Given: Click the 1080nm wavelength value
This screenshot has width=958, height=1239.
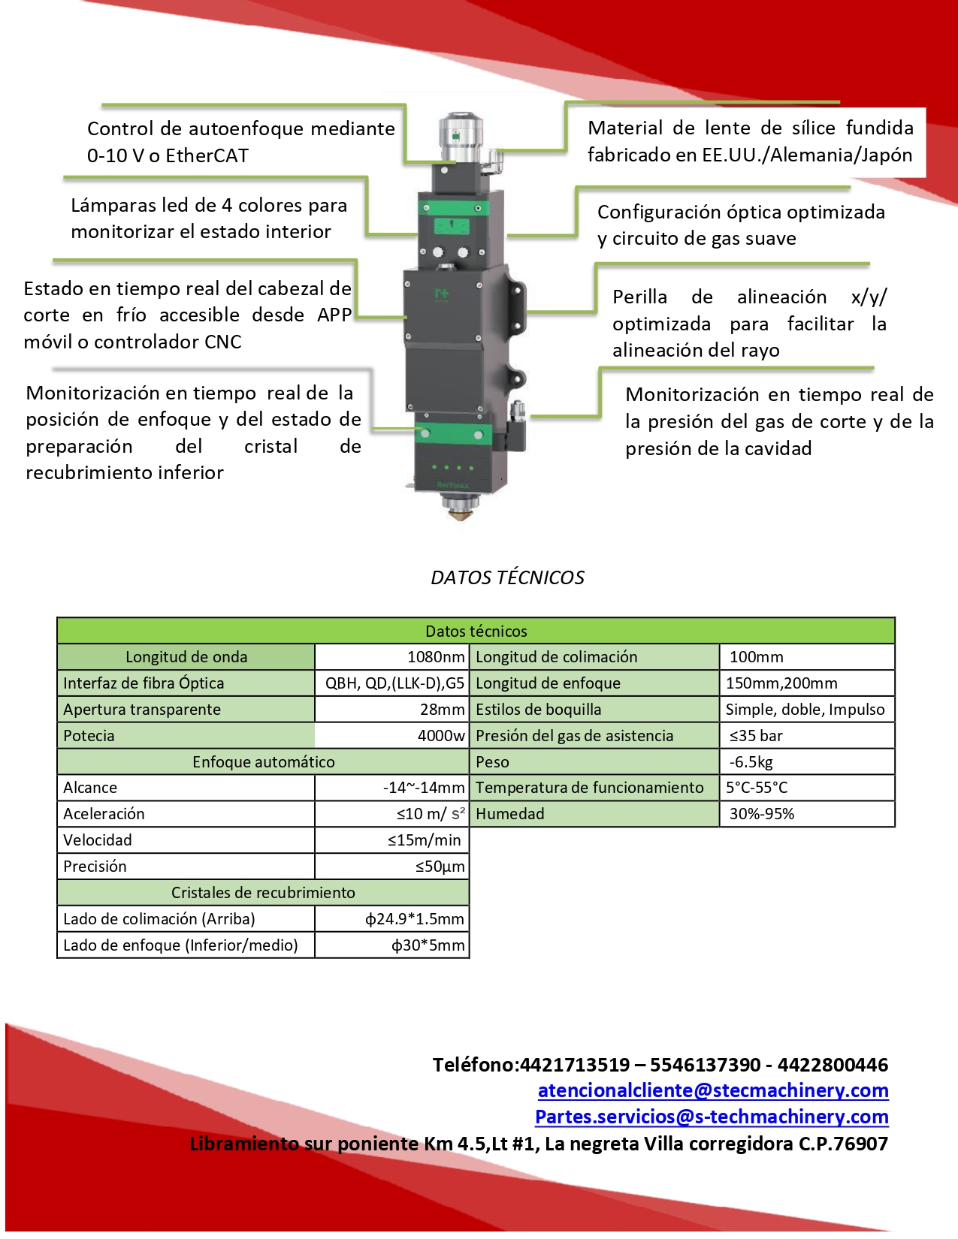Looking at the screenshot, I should point(435,657).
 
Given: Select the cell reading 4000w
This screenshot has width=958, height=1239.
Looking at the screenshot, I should point(440,736).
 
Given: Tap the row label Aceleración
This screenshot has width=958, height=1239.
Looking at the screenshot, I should point(104,814).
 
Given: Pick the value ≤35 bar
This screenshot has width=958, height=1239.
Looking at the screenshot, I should point(756,736).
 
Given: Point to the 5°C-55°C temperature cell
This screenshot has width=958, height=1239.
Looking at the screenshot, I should point(757,788).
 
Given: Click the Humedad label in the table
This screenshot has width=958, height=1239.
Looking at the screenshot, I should point(509,814).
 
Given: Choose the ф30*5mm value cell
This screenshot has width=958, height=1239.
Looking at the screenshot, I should point(427,945).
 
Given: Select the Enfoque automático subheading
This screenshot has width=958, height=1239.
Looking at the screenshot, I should point(263,762).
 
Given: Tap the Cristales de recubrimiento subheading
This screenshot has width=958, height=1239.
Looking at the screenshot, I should point(263,893).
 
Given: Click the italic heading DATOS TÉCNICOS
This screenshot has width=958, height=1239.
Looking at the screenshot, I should point(507,577).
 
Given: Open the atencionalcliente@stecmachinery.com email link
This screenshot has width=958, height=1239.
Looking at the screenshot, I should point(712,1090).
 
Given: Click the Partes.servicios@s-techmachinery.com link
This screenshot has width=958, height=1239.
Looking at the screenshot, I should point(711,1117).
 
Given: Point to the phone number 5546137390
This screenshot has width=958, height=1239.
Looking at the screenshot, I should point(705,1065).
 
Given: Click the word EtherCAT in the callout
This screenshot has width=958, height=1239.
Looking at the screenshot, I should point(207,155).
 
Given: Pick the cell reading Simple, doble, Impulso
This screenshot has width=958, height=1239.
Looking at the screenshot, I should point(805,710).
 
